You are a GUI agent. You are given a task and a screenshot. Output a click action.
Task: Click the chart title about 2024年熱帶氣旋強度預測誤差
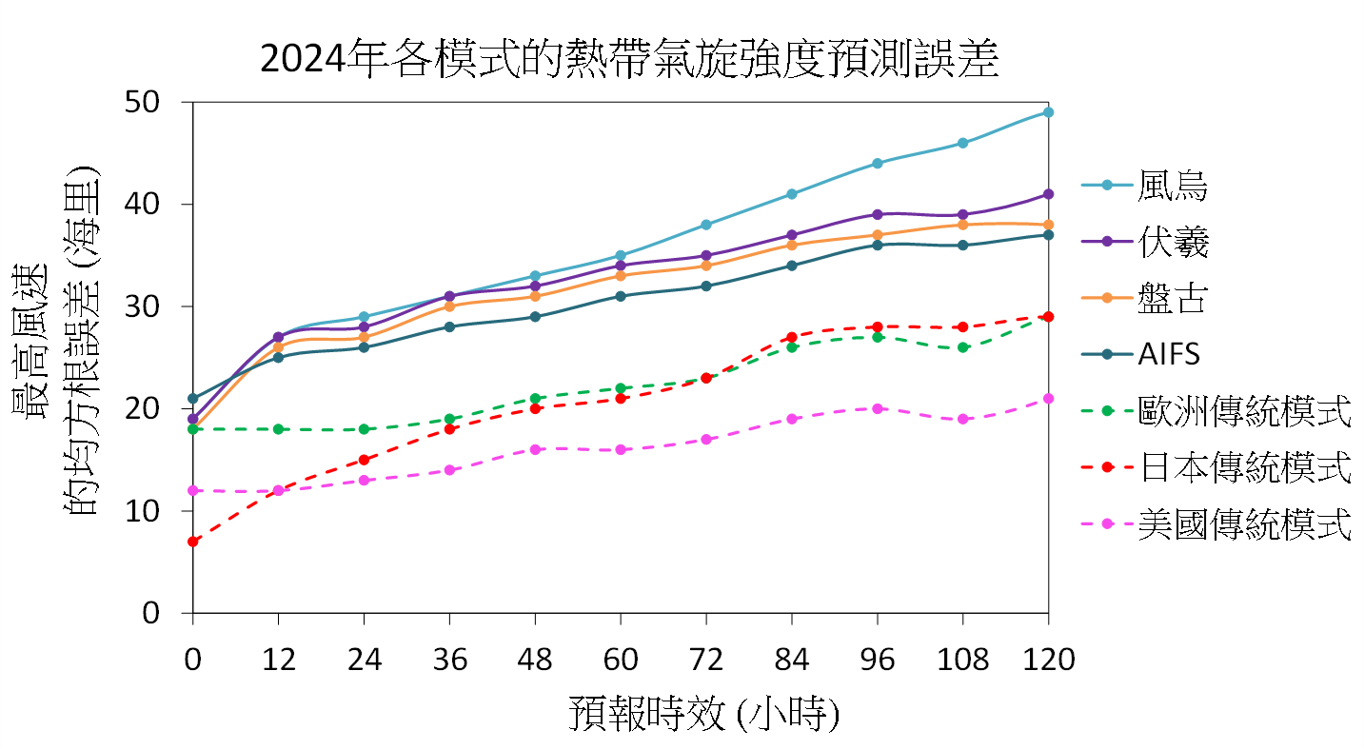click(x=628, y=59)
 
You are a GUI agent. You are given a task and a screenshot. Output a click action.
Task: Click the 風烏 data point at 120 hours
click(x=1048, y=112)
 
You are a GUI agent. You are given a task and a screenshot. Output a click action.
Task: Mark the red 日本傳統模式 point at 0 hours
click(x=193, y=542)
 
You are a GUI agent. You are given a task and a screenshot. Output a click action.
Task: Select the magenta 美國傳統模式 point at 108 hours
click(x=962, y=419)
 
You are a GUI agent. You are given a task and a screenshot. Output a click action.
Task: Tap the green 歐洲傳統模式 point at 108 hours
click(x=962, y=347)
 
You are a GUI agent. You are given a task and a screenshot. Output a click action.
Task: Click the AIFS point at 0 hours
click(x=193, y=399)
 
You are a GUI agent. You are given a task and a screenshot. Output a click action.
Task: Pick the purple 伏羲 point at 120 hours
click(x=1048, y=194)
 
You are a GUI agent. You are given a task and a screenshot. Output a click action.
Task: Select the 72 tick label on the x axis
click(x=705, y=659)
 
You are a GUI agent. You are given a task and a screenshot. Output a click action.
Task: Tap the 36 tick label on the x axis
click(x=449, y=659)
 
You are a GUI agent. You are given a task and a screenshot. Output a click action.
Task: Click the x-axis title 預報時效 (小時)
click(x=704, y=713)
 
